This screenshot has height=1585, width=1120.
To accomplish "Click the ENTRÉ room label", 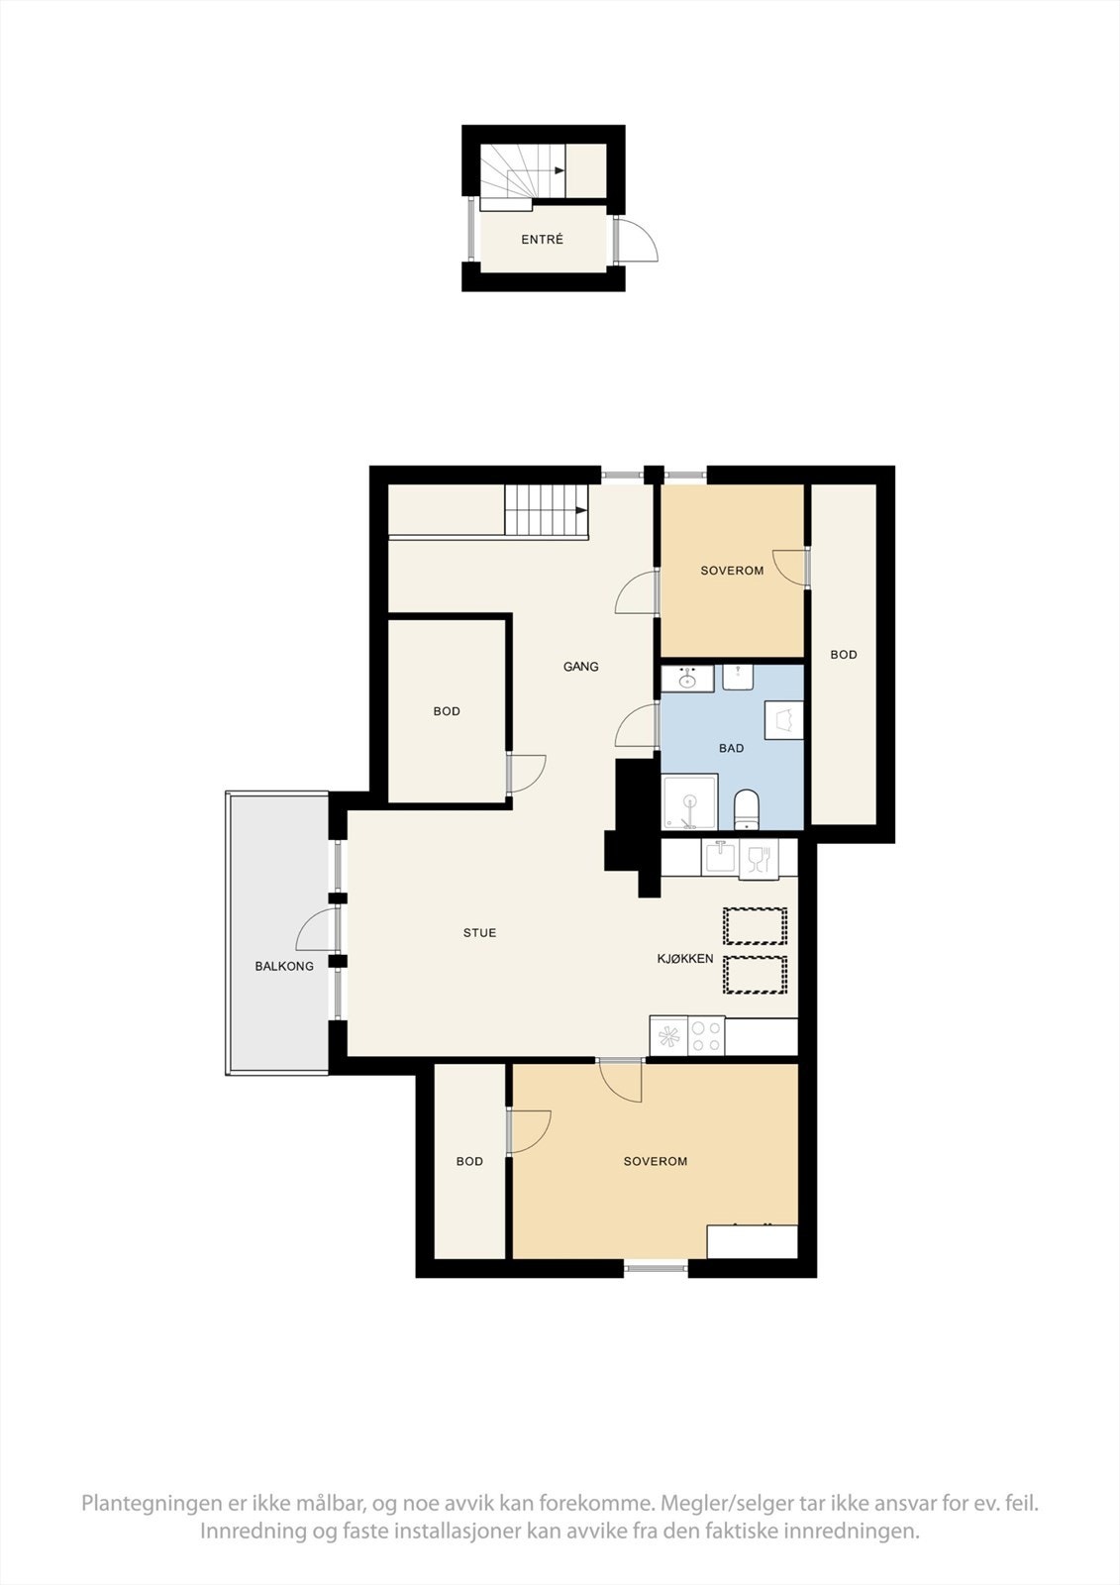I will coord(542,240).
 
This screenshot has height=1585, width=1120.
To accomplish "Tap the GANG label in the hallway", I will coord(580,667).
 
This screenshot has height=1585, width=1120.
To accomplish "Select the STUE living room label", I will coord(479,933).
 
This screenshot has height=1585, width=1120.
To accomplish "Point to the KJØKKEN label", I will coord(685,959).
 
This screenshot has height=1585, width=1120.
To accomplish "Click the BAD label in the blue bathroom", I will coord(731,748).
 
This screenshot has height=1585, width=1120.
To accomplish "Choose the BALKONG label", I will coord(284,966).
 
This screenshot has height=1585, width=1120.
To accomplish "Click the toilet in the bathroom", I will coord(746,808).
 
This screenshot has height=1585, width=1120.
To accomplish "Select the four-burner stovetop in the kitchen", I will coord(706,1036).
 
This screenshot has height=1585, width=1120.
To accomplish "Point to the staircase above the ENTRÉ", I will coord(523,174).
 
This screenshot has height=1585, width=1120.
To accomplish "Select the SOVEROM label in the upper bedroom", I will coord(732,571).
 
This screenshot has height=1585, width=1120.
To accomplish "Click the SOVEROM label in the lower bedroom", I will coord(655,1161).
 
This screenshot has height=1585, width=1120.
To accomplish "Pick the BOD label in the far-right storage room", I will coord(844,655).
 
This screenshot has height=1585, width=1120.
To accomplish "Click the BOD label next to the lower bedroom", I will coord(469,1161).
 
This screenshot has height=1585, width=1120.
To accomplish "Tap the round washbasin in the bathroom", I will coord(687,680).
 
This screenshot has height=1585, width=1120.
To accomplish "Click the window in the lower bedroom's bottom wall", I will coord(656,1267).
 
